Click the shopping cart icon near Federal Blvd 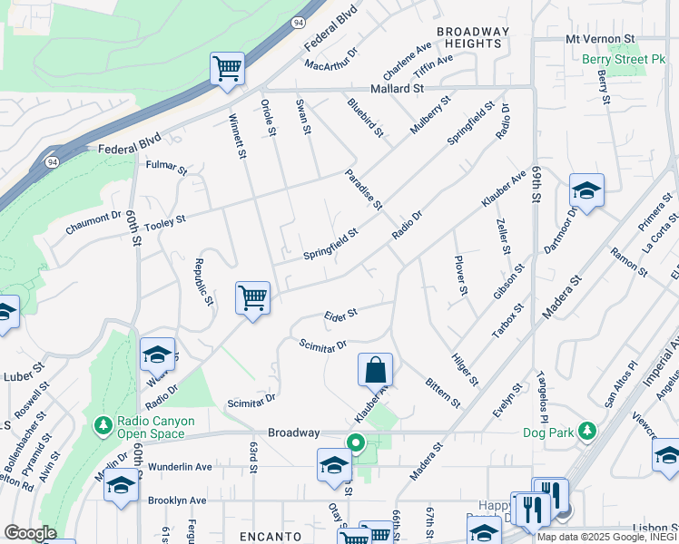(x=227, y=68)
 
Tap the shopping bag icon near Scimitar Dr (x=375, y=370)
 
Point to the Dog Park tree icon (x=588, y=431)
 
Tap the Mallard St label (x=398, y=89)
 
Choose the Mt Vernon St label (x=599, y=39)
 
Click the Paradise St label (x=363, y=189)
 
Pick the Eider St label (x=340, y=315)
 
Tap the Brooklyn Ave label (x=177, y=500)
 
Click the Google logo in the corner (x=30, y=533)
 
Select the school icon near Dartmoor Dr (x=586, y=190)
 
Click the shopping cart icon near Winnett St (x=252, y=298)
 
